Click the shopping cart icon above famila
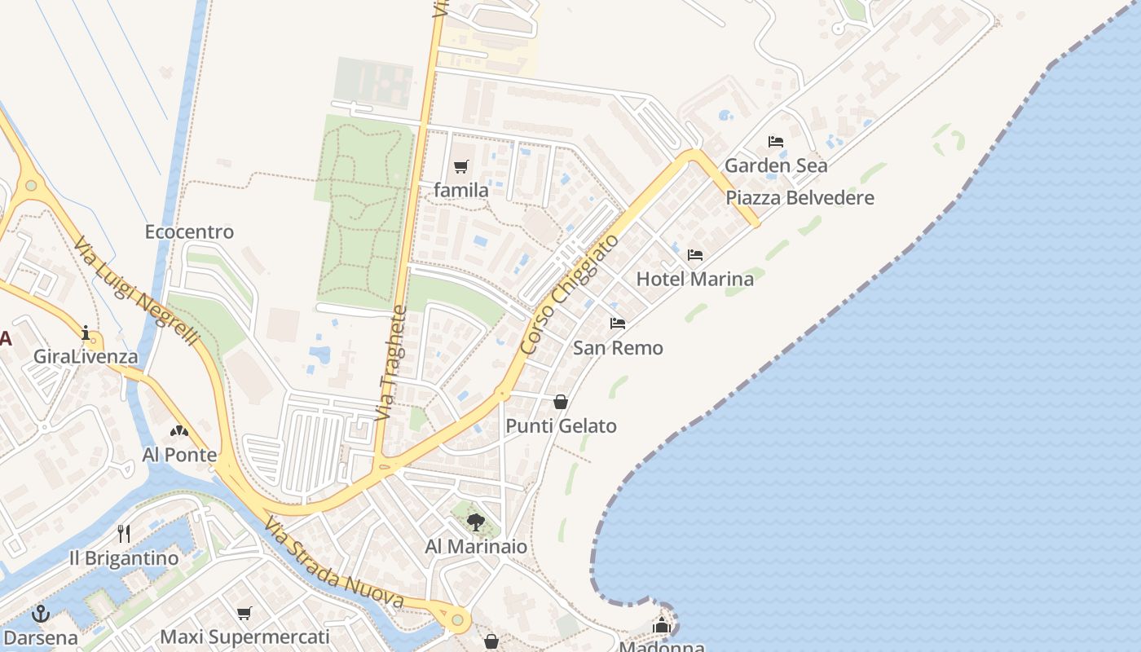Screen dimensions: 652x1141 click(461, 167)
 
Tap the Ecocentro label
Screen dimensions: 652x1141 click(189, 232)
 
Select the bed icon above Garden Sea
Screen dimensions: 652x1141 click(776, 142)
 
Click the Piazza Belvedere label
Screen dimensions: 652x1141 click(800, 198)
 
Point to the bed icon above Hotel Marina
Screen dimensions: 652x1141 click(695, 255)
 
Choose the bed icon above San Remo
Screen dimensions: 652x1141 click(618, 324)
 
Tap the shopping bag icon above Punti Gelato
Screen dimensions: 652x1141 click(561, 402)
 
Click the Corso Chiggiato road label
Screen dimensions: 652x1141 click(569, 295)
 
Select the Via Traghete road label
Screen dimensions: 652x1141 click(392, 363)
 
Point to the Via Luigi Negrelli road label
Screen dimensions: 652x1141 click(136, 290)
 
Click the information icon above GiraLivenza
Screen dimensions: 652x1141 click(86, 333)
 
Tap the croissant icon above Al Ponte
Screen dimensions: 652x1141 click(179, 431)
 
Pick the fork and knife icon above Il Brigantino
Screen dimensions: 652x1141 click(124, 534)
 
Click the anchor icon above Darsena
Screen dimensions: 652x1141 click(40, 614)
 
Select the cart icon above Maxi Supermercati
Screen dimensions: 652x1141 click(244, 613)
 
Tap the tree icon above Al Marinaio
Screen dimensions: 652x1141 click(476, 522)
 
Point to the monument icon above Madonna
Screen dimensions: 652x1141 click(662, 626)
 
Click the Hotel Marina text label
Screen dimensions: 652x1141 click(694, 279)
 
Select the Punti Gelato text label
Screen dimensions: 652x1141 click(561, 426)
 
